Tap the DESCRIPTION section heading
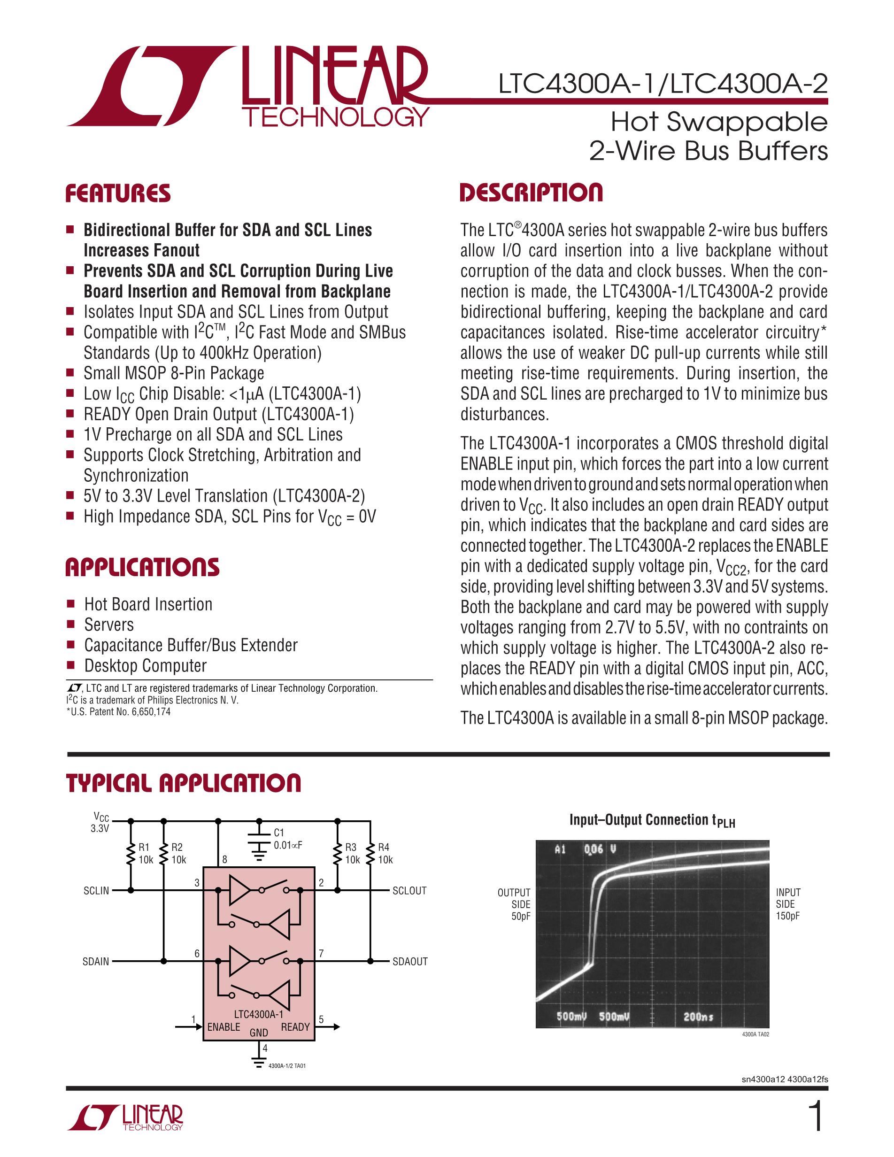(x=531, y=193)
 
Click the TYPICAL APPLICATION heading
(x=183, y=783)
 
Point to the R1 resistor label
(x=144, y=847)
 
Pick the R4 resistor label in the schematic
(x=384, y=847)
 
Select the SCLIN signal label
(x=96, y=891)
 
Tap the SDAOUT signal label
(x=409, y=962)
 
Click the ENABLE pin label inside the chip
(x=223, y=1026)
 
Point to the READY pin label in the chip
(x=295, y=1026)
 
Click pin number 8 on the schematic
(x=224, y=859)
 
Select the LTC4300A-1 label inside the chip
(x=258, y=1014)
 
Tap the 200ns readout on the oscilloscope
(x=698, y=1017)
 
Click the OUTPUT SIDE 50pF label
(x=514, y=904)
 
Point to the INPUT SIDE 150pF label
(x=788, y=904)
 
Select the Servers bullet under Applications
(x=109, y=625)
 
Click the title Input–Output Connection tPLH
(x=652, y=820)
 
